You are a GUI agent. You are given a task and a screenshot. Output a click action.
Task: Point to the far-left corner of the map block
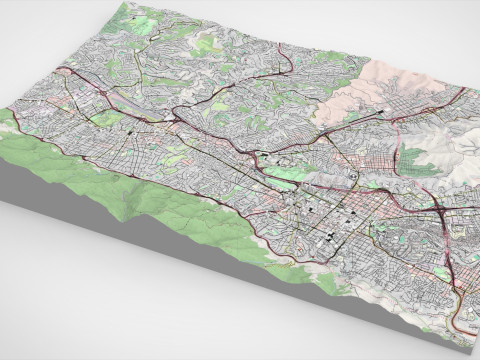(x=4, y=110)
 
